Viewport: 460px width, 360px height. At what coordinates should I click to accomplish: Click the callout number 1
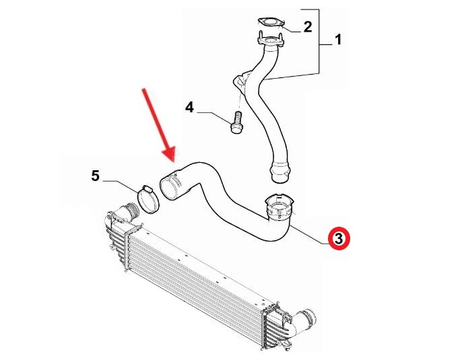coord(338,40)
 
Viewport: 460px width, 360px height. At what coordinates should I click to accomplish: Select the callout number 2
coord(307,27)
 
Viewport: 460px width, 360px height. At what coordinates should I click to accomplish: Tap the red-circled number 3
coord(339,238)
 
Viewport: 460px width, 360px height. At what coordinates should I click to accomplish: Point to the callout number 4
coord(189,107)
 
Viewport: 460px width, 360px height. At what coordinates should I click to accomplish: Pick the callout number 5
coord(96,176)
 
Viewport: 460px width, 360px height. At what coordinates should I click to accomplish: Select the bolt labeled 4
coord(236,122)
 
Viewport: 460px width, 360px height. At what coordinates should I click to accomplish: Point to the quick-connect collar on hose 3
coord(280,208)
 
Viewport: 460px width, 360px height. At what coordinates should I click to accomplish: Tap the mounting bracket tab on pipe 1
coord(240,80)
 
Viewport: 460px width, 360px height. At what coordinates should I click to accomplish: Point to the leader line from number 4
coord(214,116)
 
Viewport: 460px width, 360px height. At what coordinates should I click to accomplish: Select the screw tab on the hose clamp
coord(148,189)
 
